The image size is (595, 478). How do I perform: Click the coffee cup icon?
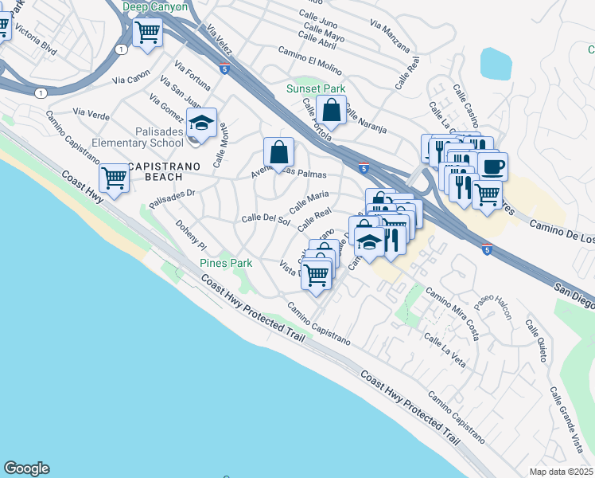pos(493,166)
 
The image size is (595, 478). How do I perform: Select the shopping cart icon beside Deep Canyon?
pos(147,33)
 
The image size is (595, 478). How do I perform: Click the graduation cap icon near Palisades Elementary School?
pos(202,123)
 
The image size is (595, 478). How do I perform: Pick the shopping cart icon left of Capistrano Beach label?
pos(115,178)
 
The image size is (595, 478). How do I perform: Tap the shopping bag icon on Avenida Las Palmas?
pos(279,151)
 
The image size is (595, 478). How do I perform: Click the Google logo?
pos(26,468)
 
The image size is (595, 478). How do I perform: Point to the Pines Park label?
pos(225,263)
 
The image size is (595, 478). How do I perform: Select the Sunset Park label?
pos(316,89)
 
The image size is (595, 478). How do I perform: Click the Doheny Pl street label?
pos(191,235)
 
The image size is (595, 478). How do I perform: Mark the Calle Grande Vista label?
pos(566,417)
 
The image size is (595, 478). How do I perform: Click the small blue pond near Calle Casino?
pos(496,63)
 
